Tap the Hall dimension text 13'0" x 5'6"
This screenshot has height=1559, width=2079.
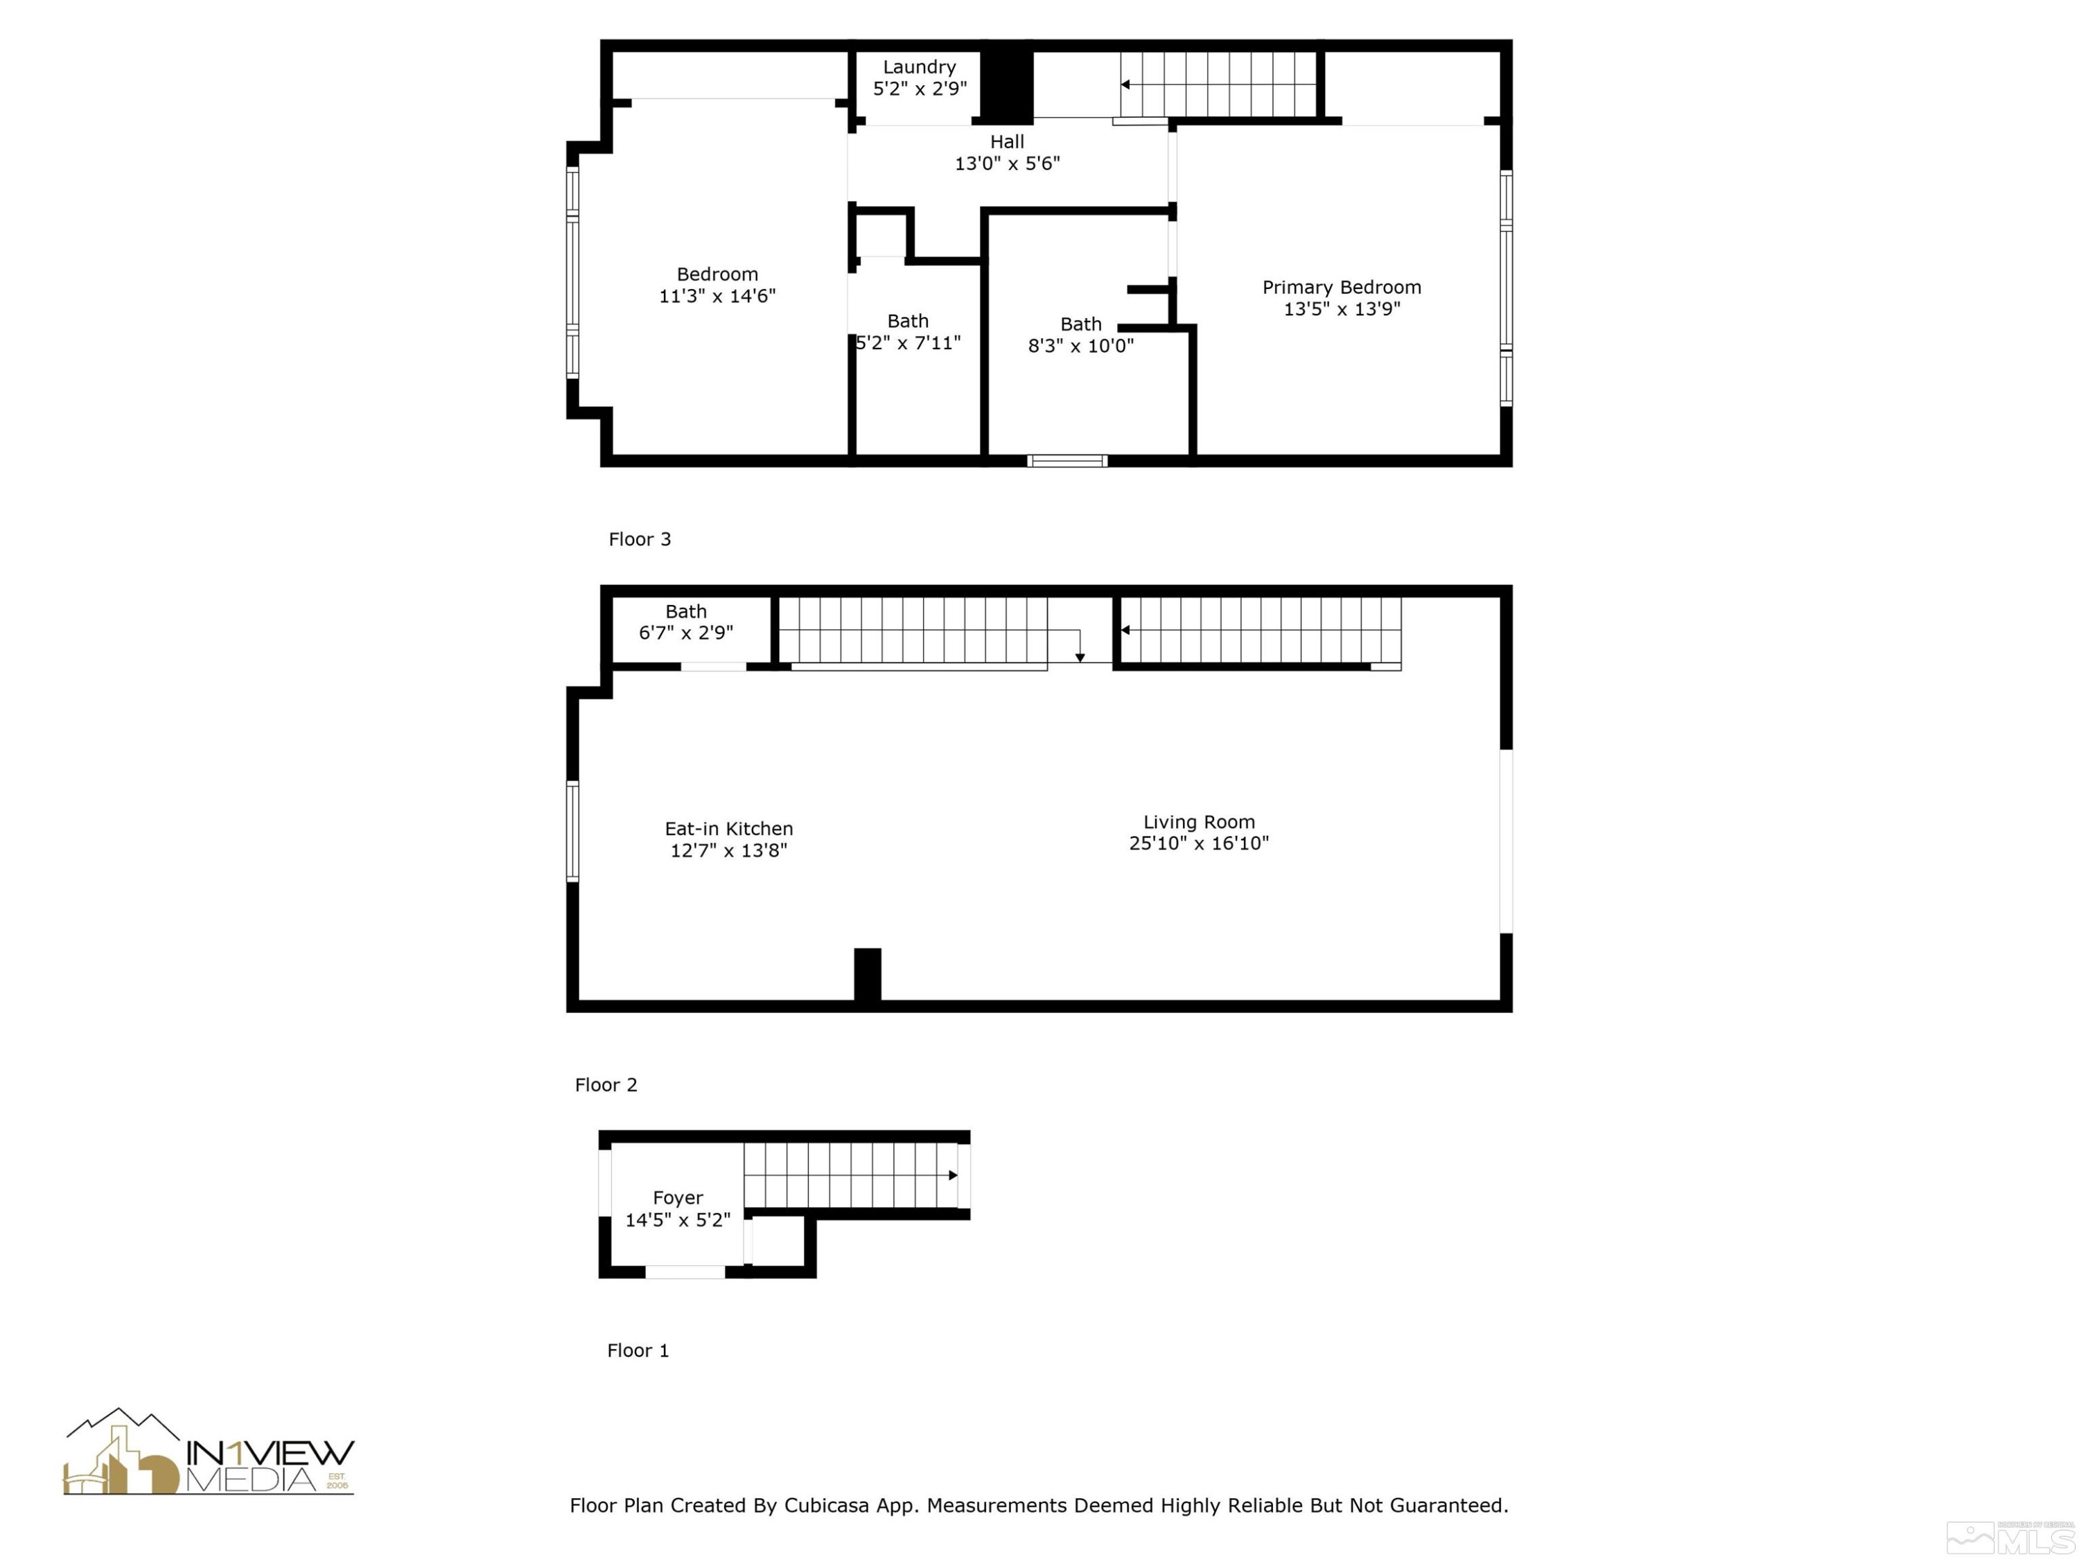point(1007,164)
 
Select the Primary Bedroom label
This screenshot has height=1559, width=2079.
point(1341,288)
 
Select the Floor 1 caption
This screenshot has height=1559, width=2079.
point(638,1350)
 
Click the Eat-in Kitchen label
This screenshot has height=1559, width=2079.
point(728,829)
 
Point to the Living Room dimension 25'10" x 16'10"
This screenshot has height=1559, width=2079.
point(1198,843)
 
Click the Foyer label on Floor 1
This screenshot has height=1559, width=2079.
point(678,1198)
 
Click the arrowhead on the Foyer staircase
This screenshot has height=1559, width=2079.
point(953,1174)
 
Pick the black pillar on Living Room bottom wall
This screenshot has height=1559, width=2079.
point(866,974)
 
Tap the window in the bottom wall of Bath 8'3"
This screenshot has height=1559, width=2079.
point(1067,461)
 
